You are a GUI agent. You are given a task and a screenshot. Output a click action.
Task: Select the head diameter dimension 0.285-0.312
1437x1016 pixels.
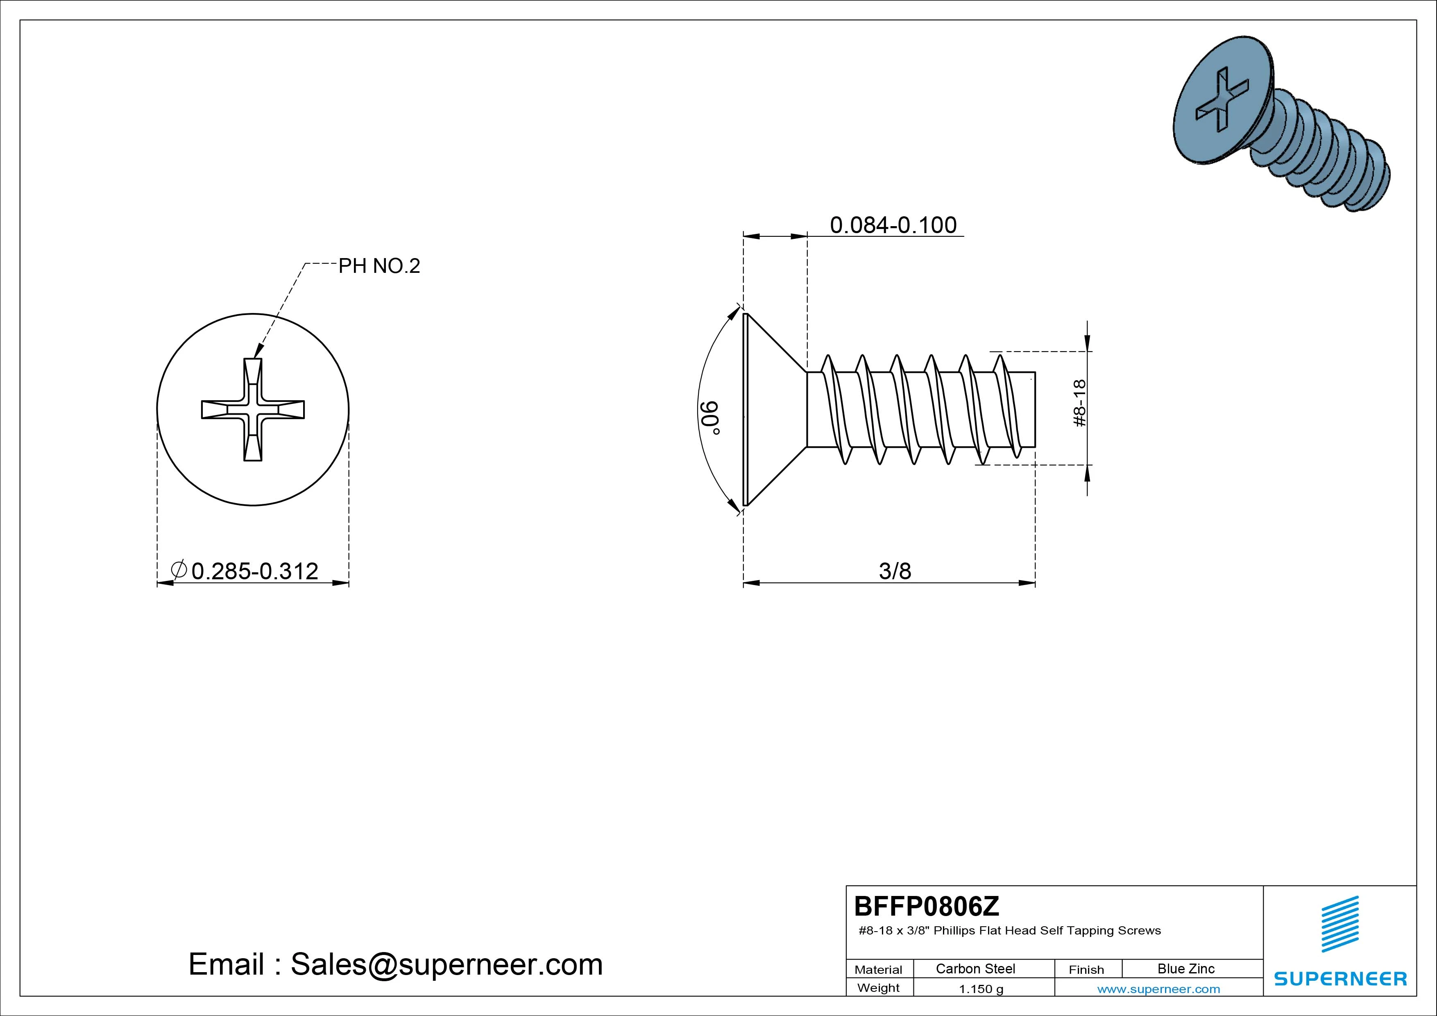[255, 571]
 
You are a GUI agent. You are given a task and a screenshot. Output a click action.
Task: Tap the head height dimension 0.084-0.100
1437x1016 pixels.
[893, 225]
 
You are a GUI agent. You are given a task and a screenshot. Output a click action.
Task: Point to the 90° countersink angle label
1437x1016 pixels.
[711, 417]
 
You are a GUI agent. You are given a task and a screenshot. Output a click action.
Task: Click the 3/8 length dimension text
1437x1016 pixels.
[895, 571]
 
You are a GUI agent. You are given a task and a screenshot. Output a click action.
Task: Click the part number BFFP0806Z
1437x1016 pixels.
[927, 906]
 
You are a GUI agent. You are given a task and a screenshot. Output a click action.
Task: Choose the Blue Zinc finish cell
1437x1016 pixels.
[1186, 968]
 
